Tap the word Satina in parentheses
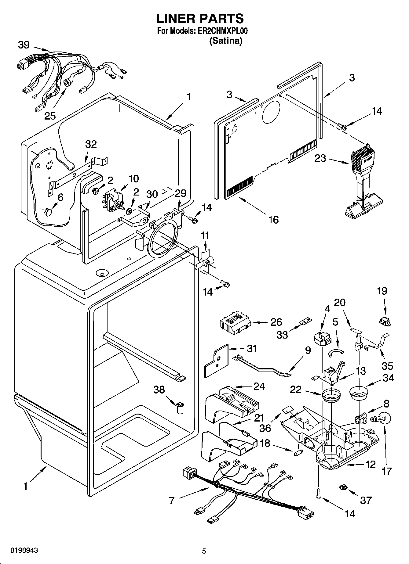click(225, 41)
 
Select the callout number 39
click(24, 45)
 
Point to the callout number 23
click(320, 158)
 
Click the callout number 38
click(159, 390)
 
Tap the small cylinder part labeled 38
click(180, 408)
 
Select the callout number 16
click(273, 219)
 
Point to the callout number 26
click(276, 322)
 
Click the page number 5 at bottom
click(204, 551)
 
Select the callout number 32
click(91, 144)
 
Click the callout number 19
click(382, 291)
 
